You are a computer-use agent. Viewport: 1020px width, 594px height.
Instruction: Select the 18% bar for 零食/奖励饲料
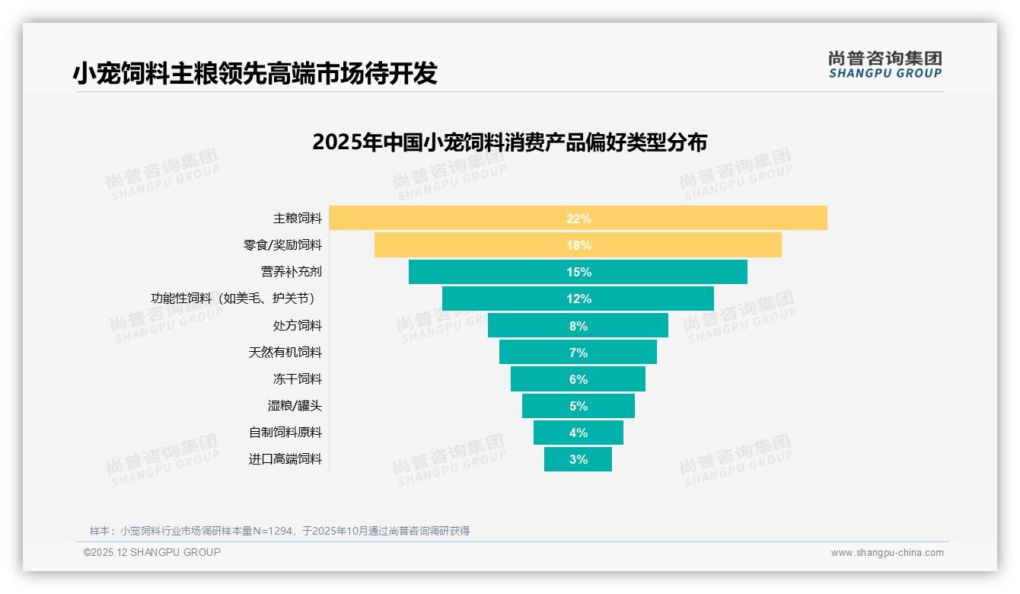tap(487, 245)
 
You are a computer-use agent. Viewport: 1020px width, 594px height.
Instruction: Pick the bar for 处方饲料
tap(533, 325)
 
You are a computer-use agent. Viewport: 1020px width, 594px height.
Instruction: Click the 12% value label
tap(579, 299)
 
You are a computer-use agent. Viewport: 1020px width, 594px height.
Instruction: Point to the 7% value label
tap(579, 353)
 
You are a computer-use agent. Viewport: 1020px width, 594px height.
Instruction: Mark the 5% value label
tap(579, 406)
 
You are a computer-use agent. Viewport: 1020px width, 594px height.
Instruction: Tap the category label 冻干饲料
tap(298, 378)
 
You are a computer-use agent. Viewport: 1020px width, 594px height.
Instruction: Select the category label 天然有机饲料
tap(285, 352)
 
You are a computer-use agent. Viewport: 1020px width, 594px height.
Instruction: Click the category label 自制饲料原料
tap(285, 432)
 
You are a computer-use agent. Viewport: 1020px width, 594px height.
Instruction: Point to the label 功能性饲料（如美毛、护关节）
tap(233, 299)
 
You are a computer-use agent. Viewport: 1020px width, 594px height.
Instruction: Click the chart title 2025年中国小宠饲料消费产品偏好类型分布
tap(509, 142)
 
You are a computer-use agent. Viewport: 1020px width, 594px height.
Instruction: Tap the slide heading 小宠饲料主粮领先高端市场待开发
tap(255, 73)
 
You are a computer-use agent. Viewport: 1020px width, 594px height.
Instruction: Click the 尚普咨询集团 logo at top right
tap(885, 65)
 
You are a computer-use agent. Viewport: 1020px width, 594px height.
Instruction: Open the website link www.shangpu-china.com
tap(887, 553)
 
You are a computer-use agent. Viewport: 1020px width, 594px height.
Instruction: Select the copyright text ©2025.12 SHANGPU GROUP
tap(152, 552)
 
